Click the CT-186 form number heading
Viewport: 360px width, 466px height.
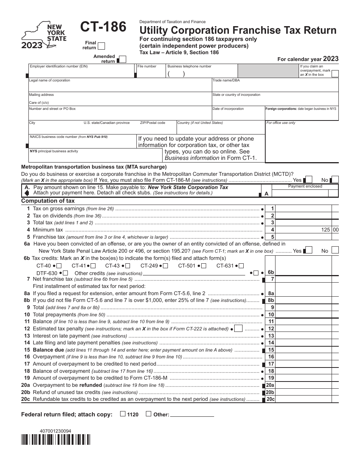(x=103, y=27)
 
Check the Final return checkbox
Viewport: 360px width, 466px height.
(x=101, y=46)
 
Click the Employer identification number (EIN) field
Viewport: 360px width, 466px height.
(x=81, y=72)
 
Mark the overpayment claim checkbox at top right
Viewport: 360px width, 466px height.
(x=335, y=74)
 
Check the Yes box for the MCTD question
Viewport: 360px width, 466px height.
(x=308, y=180)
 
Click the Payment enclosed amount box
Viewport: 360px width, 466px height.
(x=305, y=193)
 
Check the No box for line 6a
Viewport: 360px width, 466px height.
(x=335, y=250)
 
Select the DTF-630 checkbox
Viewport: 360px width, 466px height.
(x=66, y=273)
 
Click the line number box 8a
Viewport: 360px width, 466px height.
(x=271, y=293)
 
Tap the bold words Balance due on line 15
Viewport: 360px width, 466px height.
(x=48, y=350)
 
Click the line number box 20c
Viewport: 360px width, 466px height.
(x=270, y=399)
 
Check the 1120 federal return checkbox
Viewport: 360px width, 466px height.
(x=123, y=414)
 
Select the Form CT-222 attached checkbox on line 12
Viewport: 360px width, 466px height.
(x=238, y=328)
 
